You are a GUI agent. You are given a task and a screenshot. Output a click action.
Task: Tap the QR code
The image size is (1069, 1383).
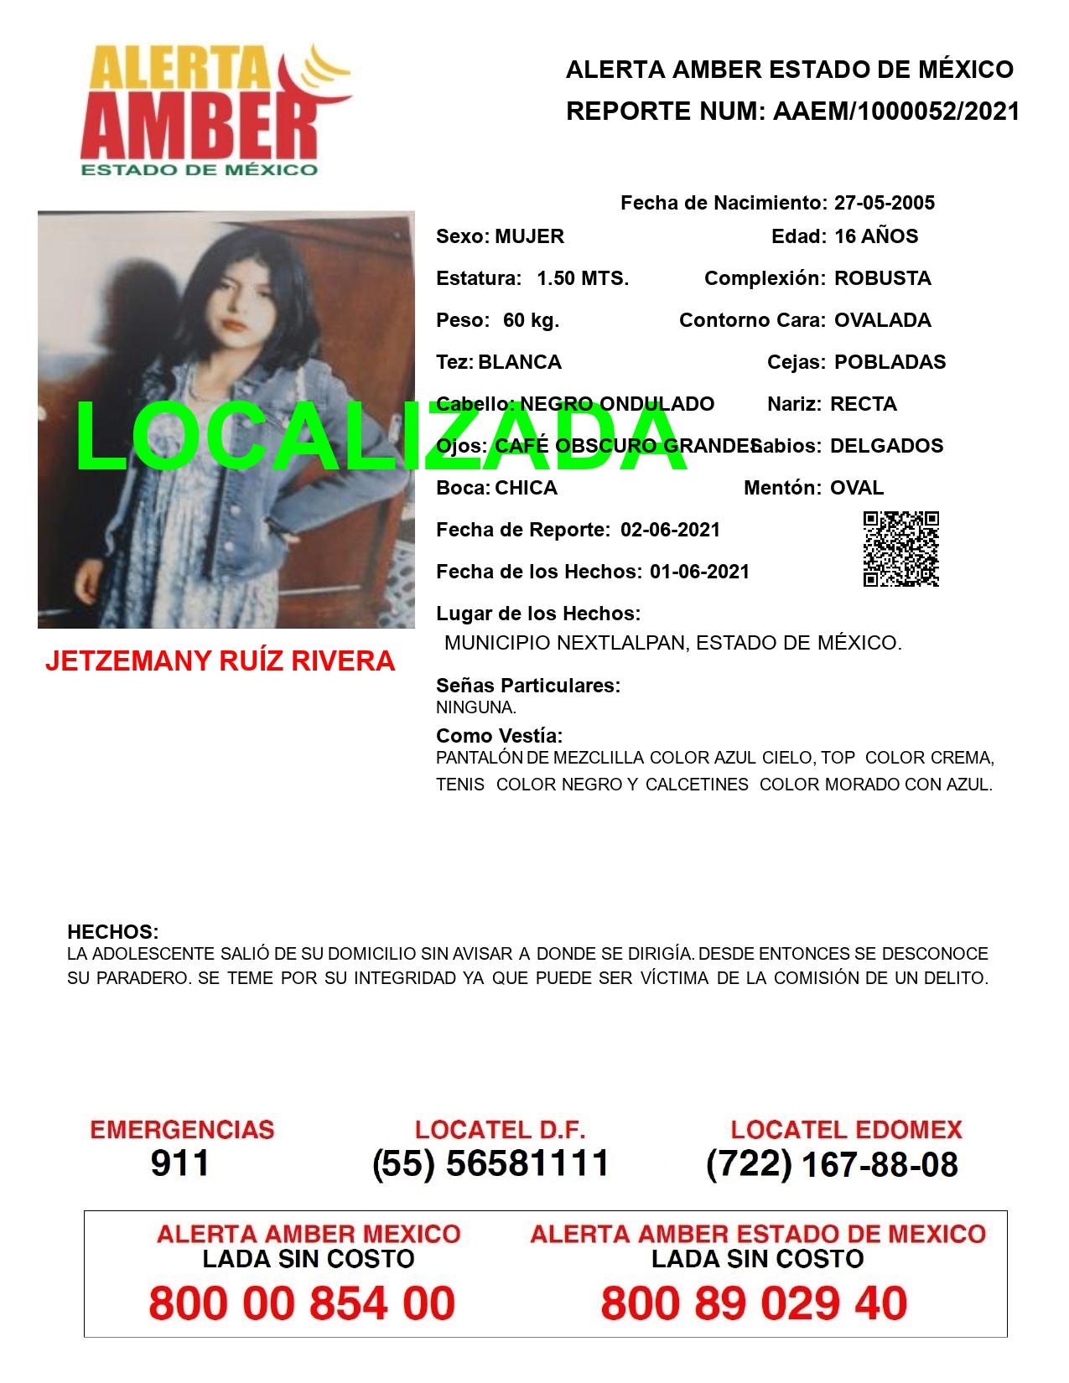coord(900,549)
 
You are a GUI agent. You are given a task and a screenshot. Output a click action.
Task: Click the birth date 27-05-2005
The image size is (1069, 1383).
coord(884,203)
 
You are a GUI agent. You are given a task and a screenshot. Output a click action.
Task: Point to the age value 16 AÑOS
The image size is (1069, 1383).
coord(875,236)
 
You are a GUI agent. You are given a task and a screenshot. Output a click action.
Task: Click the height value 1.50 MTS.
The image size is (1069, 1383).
coord(582,278)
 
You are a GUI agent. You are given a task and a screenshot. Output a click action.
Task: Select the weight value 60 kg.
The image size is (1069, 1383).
coord(531,320)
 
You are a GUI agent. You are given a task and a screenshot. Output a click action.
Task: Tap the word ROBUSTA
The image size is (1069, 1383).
coord(882,278)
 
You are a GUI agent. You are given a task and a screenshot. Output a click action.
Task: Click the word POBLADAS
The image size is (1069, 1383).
coord(890,362)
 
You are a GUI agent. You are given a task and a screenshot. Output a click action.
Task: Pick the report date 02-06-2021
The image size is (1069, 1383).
coord(670,530)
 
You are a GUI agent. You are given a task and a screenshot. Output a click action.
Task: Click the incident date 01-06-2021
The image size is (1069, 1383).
coord(699,572)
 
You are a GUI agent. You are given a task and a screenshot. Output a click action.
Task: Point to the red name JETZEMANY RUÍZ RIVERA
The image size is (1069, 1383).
coord(220,661)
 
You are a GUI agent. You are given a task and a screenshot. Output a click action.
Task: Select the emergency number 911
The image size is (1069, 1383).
coord(180,1163)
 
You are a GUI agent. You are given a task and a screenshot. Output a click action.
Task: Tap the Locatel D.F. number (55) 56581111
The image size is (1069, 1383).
coord(490,1163)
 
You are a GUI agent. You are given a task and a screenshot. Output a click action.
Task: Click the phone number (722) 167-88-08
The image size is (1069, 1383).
coord(832,1163)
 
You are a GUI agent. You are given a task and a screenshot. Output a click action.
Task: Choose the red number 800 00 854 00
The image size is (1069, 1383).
coord(302,1303)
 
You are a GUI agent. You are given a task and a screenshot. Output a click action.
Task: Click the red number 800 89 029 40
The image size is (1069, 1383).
coord(754,1303)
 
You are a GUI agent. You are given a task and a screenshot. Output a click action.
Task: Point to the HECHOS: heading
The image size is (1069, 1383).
coord(112,932)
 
